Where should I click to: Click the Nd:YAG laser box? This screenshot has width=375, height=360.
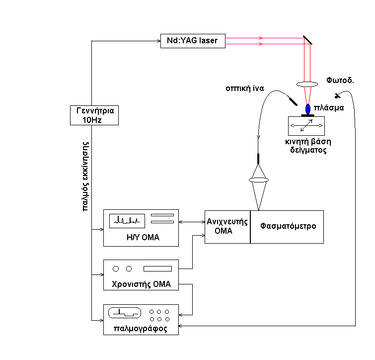pos(193,40)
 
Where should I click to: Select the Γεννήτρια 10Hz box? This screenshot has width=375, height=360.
pos(94,115)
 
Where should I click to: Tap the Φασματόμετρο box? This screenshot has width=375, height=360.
pos(288,226)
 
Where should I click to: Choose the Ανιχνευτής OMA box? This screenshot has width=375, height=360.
pos(227,226)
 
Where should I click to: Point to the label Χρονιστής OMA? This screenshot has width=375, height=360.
pos(142,284)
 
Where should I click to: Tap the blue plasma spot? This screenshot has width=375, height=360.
pos(308,108)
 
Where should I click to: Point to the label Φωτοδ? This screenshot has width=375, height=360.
pos(340,80)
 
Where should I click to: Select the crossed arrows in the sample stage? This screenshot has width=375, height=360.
pos(307,126)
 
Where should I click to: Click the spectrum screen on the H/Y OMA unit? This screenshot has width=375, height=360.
pos(127,220)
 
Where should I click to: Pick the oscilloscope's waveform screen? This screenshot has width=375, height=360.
pos(125,313)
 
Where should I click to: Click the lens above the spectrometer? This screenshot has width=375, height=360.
pos(258,180)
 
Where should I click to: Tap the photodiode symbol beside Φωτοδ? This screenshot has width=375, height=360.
pos(338,95)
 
